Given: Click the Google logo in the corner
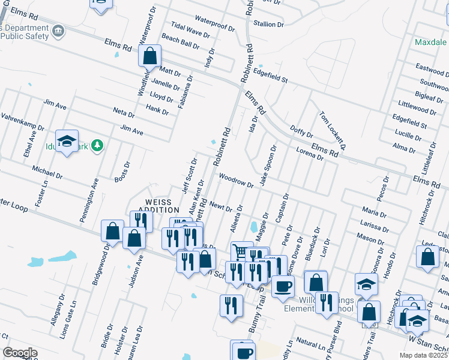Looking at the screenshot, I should (x=20, y=353).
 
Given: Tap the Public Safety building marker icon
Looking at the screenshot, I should (x=58, y=31).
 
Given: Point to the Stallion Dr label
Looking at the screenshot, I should (x=268, y=24).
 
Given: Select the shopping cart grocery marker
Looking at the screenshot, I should (x=241, y=251).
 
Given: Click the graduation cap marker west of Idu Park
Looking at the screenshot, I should (x=67, y=141).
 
